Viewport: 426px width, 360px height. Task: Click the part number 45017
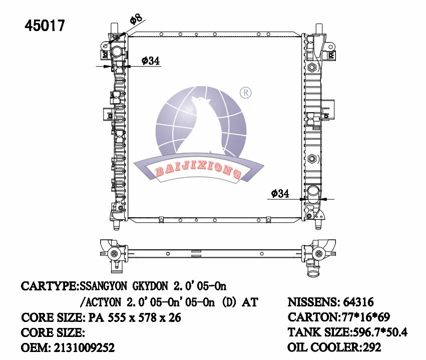click(45, 26)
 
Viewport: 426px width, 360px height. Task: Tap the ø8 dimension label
click(136, 20)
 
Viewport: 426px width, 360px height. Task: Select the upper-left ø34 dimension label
click(150, 61)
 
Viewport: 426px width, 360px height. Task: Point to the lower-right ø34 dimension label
click(280, 193)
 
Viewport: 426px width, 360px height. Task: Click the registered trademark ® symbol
click(245, 93)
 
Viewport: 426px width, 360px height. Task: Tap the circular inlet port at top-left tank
click(118, 52)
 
